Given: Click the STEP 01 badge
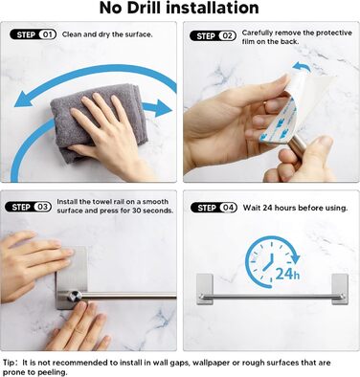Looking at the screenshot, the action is (x=34, y=34).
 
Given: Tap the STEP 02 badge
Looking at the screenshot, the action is (x=213, y=36).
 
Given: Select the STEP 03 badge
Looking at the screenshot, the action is (x=28, y=208).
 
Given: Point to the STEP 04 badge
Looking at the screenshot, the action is (x=214, y=208).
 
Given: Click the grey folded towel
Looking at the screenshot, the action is (x=96, y=122).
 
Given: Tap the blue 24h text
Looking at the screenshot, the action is (x=287, y=274).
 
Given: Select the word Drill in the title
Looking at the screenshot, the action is (x=148, y=8).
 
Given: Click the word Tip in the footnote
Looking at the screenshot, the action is (x=9, y=363).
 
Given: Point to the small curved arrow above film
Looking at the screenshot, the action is (x=302, y=67).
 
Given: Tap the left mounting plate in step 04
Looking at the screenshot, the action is (x=204, y=289).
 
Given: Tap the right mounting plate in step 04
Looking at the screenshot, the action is (x=340, y=289).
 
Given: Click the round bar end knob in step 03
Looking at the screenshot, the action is (x=75, y=296).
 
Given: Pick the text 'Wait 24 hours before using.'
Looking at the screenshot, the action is (x=295, y=208).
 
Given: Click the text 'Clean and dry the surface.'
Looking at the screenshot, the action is (x=107, y=34).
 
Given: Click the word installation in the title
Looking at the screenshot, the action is (x=217, y=8).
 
